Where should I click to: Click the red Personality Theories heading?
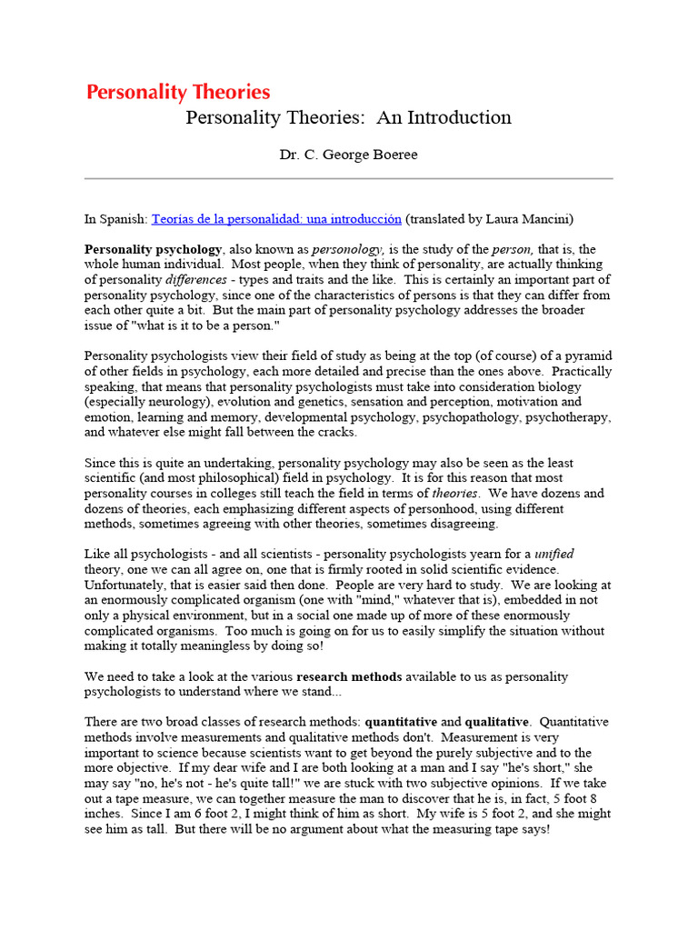[178, 92]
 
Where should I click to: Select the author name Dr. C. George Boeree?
[349, 155]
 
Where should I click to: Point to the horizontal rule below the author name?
[349, 178]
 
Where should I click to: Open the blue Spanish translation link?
[276, 219]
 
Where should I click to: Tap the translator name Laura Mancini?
[529, 219]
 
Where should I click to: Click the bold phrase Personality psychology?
[153, 249]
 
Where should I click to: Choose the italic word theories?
[454, 494]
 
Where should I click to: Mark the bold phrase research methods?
[349, 677]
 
